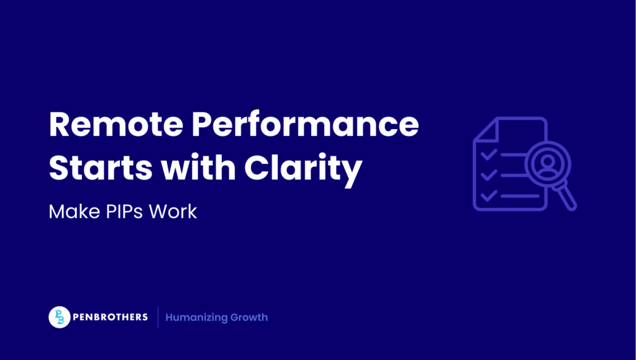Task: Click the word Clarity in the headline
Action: pos(303,168)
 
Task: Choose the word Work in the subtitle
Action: pos(176,211)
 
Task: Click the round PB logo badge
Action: pos(59,317)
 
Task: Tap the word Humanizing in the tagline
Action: pos(196,317)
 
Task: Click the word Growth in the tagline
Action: pos(248,317)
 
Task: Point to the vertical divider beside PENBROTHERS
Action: pos(158,317)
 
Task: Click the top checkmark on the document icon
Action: pos(489,153)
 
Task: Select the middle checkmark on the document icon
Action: pos(489,174)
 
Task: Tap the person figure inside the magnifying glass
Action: pos(547,163)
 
